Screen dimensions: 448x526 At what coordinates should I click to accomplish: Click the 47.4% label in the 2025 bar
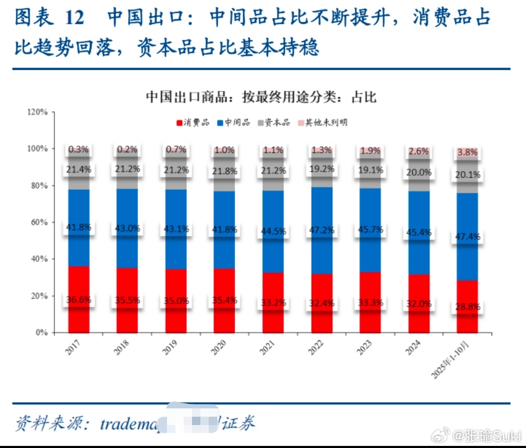click(468, 236)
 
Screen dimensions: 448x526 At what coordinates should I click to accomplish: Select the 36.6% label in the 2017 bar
click(79, 300)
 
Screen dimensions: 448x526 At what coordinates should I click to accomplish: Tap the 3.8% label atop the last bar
click(468, 153)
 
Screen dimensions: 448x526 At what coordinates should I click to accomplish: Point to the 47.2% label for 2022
click(321, 229)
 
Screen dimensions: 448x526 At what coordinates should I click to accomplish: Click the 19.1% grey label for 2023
click(370, 169)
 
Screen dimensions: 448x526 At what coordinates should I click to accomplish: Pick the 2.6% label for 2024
click(419, 151)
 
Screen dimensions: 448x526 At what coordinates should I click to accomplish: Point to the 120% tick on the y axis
click(38, 112)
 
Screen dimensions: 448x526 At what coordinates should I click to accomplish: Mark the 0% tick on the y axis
click(42, 332)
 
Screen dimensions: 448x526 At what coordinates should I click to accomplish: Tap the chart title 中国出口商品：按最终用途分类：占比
click(261, 97)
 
